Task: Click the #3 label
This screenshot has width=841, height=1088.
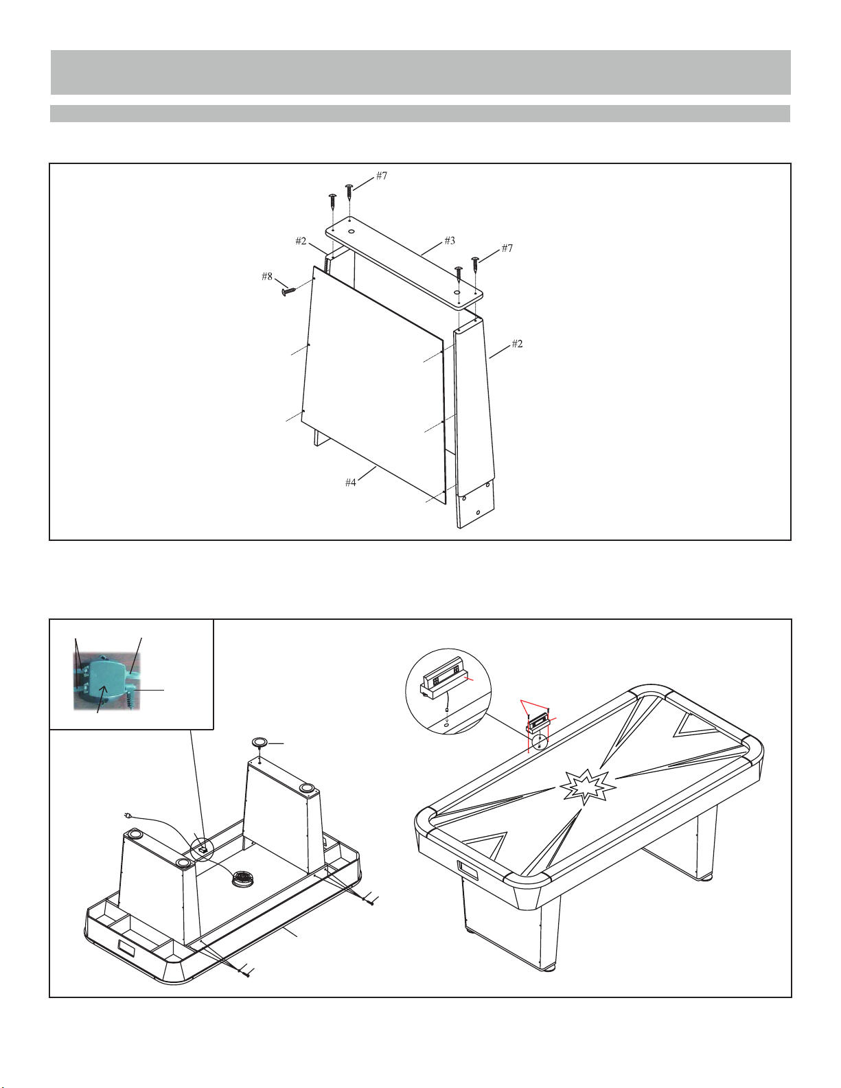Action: (450, 241)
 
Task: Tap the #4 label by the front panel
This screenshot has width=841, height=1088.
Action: (350, 483)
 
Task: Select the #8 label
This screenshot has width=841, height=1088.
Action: (267, 277)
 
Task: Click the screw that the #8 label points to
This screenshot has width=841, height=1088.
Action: (290, 291)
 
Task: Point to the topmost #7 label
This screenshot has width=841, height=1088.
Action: (382, 176)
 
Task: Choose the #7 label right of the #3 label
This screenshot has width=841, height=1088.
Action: (507, 248)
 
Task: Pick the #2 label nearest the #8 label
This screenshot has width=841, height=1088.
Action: (301, 242)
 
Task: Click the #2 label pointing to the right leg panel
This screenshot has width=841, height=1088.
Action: (517, 344)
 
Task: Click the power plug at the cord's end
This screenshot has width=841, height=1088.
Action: (128, 815)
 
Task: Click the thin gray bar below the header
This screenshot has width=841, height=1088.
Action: (420, 113)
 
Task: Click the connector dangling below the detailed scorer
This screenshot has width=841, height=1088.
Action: (446, 710)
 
